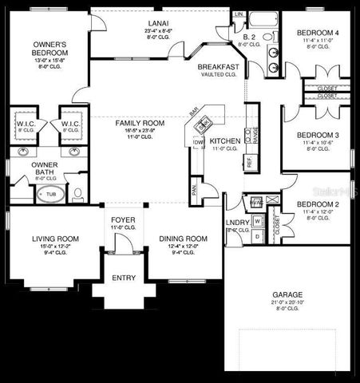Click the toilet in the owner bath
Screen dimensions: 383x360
tap(77, 193)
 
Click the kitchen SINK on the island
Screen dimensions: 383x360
tap(203, 124)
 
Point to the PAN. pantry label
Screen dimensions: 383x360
tap(195, 189)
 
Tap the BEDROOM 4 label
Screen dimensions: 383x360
tap(317, 33)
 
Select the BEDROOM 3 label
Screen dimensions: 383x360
tap(317, 136)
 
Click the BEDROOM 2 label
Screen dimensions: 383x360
tap(317, 205)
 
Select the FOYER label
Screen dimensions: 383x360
tap(121, 216)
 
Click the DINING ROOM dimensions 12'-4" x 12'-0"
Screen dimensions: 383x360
tap(183, 247)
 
